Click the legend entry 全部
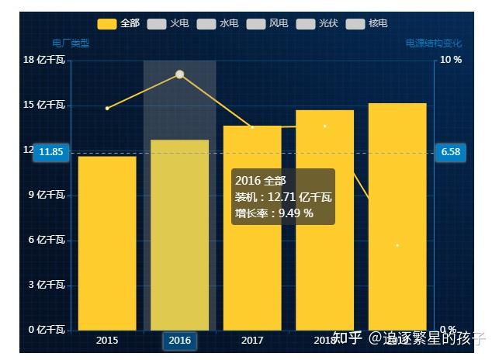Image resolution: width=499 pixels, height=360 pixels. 119,24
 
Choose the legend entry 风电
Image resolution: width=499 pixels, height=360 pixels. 267,24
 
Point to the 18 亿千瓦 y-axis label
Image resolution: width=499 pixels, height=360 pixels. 44,61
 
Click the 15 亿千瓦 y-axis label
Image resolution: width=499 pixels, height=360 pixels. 44,106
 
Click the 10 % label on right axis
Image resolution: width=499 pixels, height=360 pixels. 451,61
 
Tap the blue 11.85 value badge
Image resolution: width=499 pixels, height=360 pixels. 50,152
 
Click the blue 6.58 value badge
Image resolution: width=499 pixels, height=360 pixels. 450,152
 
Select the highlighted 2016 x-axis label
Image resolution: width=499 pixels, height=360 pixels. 179,341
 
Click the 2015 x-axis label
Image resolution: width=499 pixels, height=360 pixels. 107,341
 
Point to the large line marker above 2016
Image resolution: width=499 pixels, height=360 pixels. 179,74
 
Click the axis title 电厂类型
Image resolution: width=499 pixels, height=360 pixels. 71,43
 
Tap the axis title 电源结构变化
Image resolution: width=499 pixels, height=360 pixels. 433,43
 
